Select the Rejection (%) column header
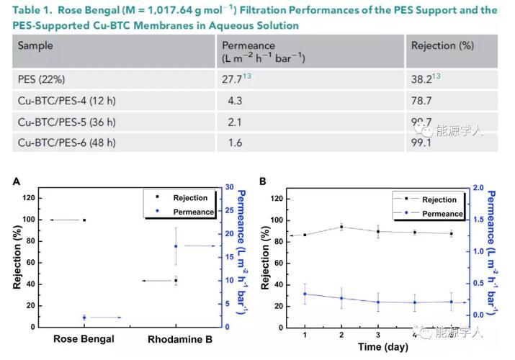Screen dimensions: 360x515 click(x=442, y=45)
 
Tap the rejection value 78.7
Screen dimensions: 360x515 click(x=423, y=102)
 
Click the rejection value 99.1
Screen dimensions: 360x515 click(x=423, y=142)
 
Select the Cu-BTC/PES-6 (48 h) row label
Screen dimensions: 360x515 click(x=66, y=142)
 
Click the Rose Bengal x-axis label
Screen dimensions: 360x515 click(x=84, y=338)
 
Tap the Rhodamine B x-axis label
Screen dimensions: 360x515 click(x=179, y=339)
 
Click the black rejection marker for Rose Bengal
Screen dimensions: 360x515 click(x=84, y=220)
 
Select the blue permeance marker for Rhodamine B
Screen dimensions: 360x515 click(x=176, y=246)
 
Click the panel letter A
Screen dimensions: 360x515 click(x=16, y=181)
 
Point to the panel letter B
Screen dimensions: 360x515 click(x=264, y=181)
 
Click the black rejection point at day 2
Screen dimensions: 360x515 click(x=341, y=227)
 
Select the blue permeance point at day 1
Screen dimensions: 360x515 click(x=305, y=294)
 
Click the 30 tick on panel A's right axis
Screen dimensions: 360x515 click(x=228, y=187)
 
